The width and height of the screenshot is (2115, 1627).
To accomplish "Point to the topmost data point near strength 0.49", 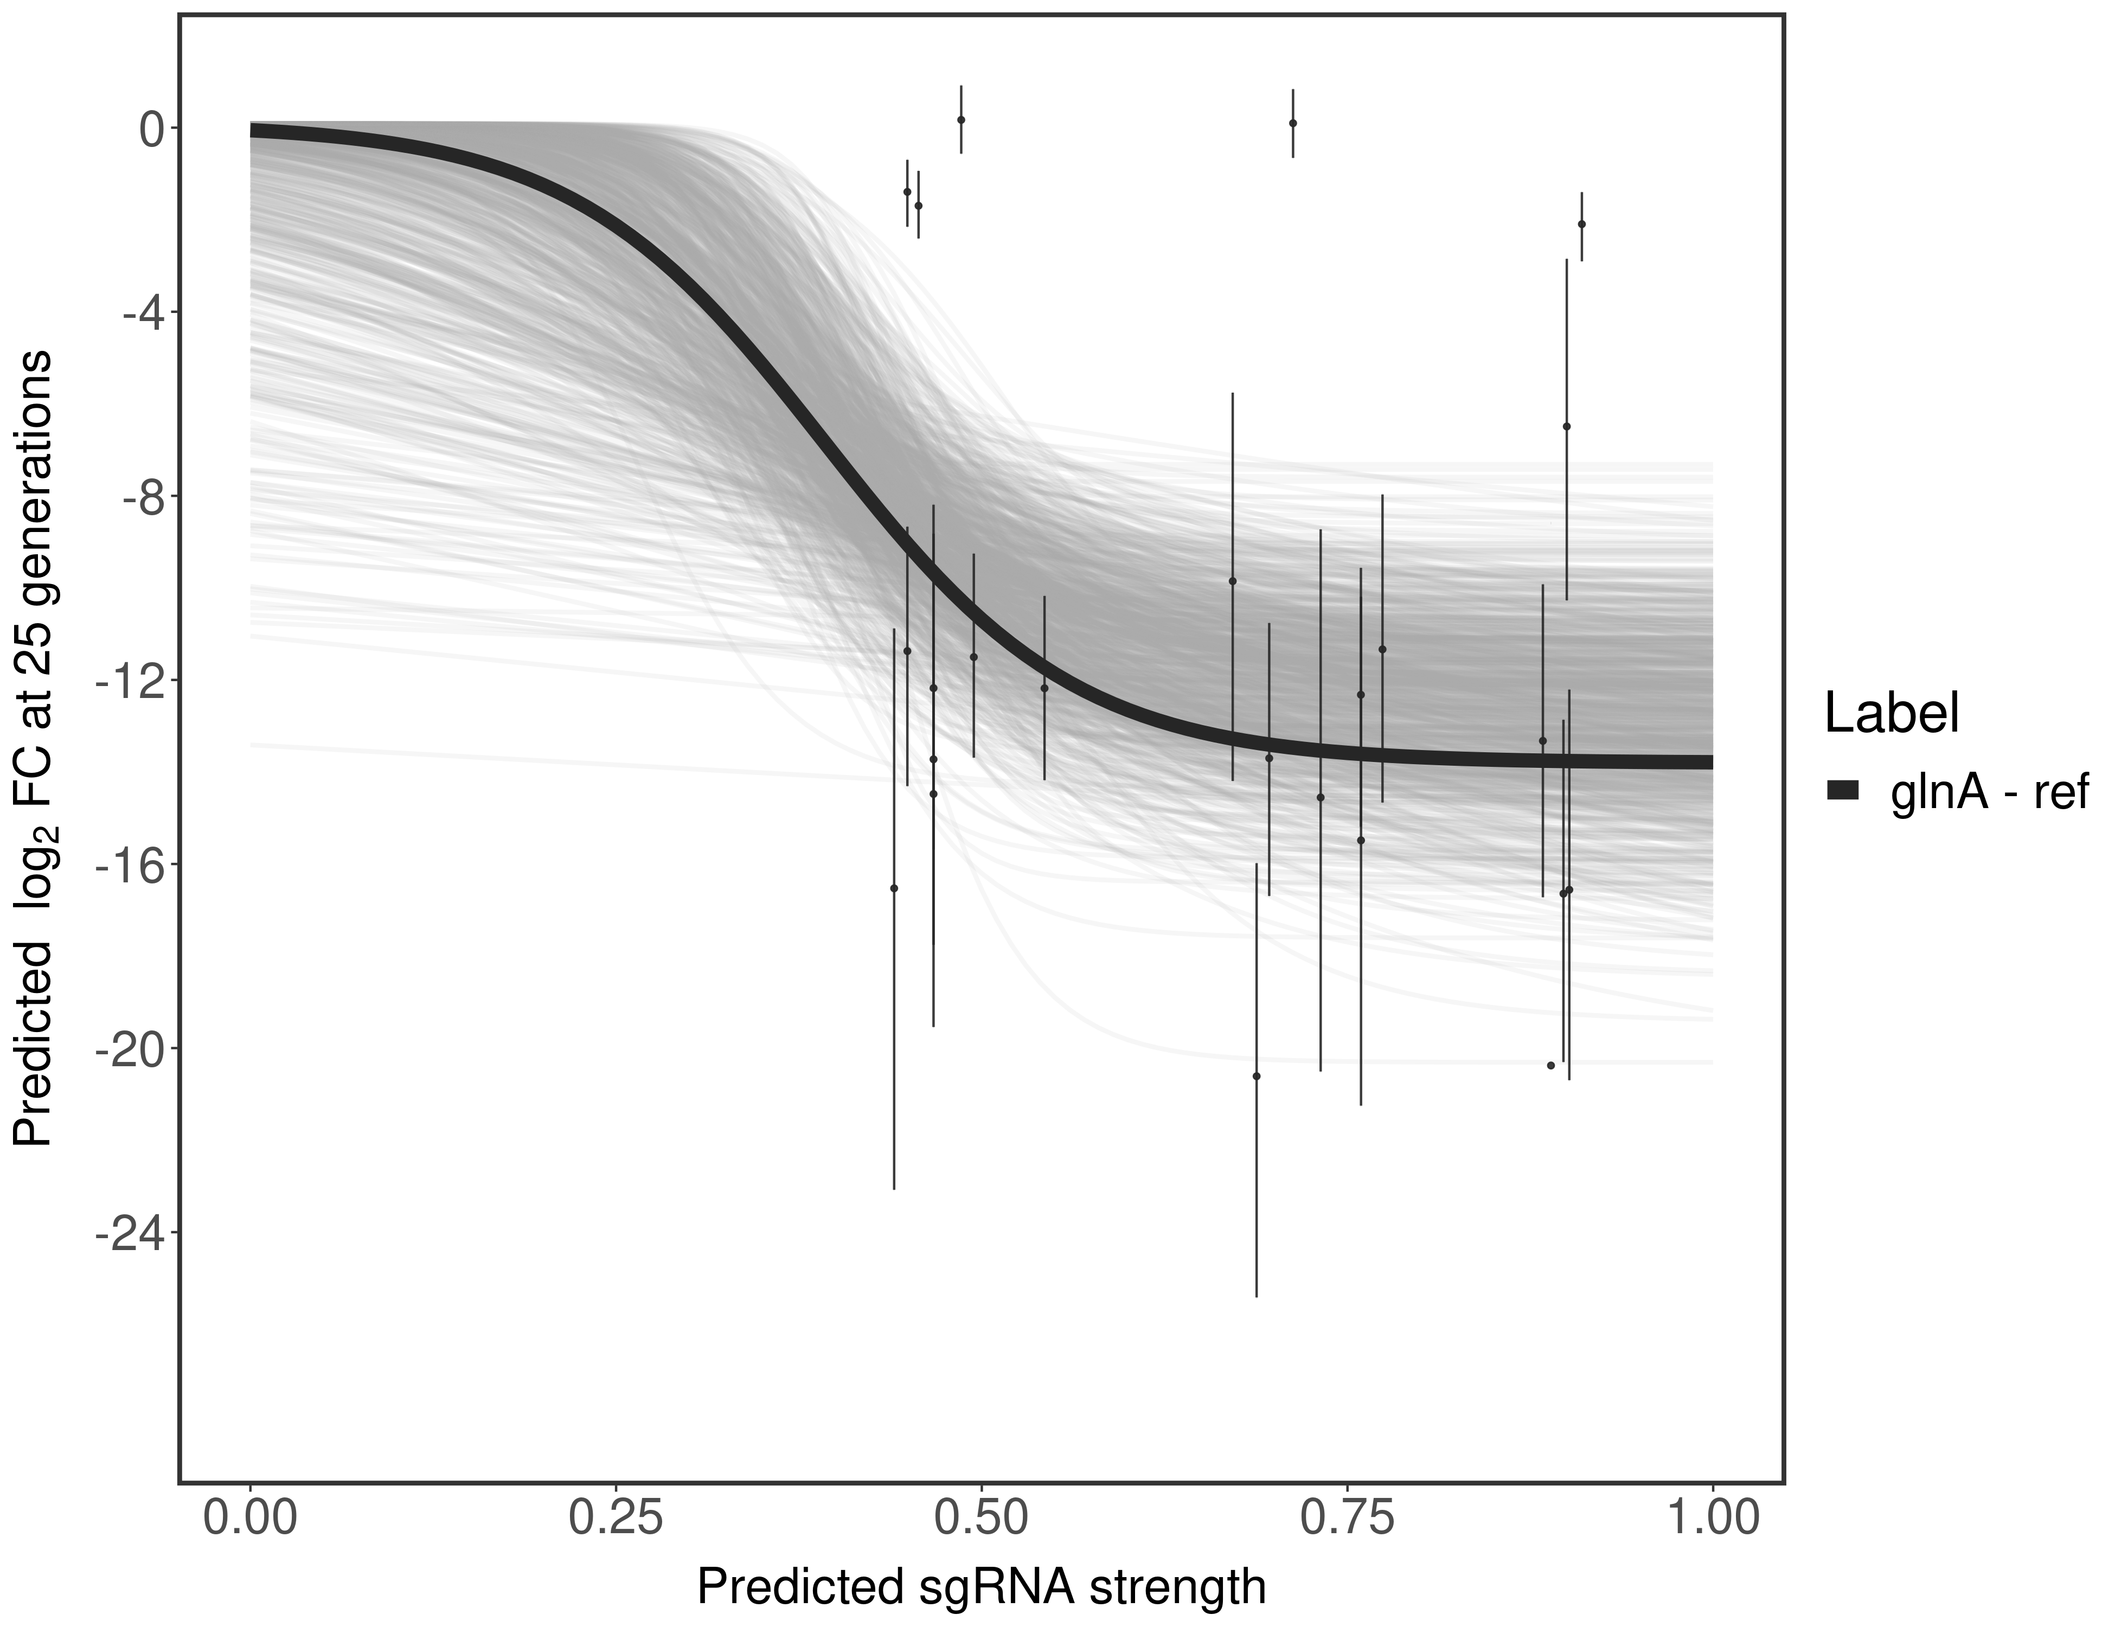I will (960, 120).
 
